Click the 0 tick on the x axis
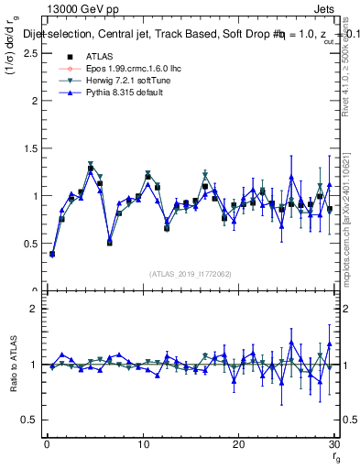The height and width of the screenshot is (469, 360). click(x=47, y=444)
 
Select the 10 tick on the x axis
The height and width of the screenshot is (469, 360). click(x=142, y=444)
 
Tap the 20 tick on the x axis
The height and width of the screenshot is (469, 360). click(x=237, y=444)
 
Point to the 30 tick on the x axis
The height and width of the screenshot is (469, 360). click(x=333, y=444)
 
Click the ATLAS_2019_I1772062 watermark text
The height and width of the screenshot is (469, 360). click(x=190, y=274)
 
